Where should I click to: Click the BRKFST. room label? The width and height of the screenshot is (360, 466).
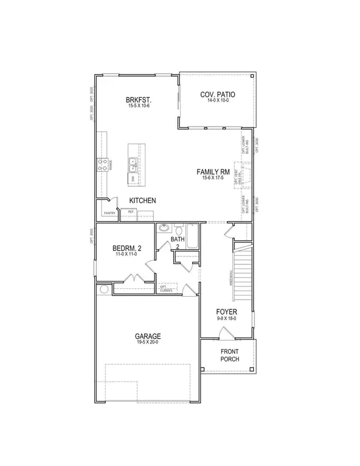pos(138,100)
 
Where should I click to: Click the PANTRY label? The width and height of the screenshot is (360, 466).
pos(109,213)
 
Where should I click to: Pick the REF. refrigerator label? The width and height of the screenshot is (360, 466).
pos(130,212)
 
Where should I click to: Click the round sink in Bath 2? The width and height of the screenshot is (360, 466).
pos(164,228)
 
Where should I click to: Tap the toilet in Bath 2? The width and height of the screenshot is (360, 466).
pos(178,229)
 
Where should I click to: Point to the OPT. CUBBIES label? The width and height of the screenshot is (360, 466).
pos(167,288)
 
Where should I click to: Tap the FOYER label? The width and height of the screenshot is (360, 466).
pos(227,312)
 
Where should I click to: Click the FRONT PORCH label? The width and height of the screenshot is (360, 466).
pos(229,355)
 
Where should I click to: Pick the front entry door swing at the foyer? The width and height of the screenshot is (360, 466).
pos(224,334)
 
